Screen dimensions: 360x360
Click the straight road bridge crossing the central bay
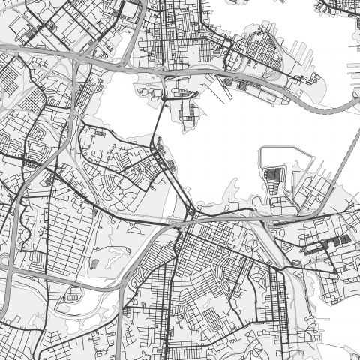pyautogui.click(x=158, y=120)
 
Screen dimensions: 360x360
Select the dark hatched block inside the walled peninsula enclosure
pyautogui.click(x=272, y=179)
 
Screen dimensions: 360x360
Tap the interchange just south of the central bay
pyautogui.click(x=187, y=217)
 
